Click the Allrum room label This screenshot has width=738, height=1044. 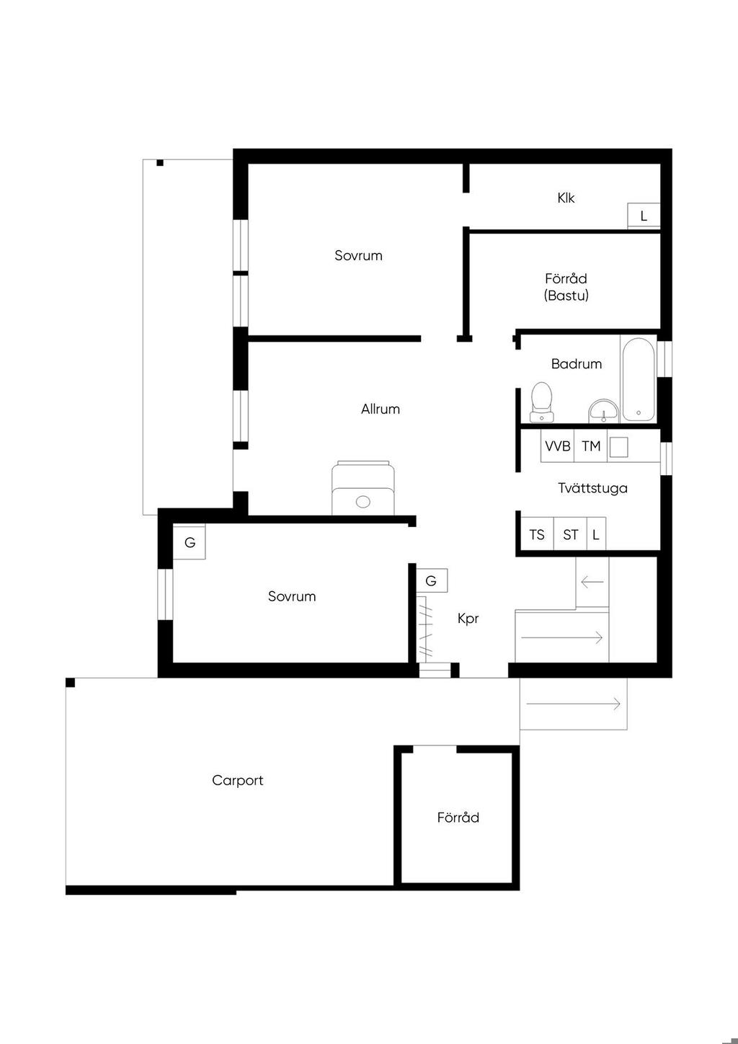pyautogui.click(x=381, y=410)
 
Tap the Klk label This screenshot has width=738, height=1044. pyautogui.click(x=566, y=198)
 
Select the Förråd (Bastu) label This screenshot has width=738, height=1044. pyautogui.click(x=566, y=287)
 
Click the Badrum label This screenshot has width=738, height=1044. pyautogui.click(x=577, y=363)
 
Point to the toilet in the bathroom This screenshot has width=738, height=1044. pyautogui.click(x=541, y=402)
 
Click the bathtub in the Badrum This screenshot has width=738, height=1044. pyautogui.click(x=639, y=379)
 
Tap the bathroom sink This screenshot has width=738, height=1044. pyautogui.click(x=604, y=411)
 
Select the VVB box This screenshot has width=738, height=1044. pyautogui.click(x=557, y=446)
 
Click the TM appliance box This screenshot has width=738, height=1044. pyautogui.click(x=591, y=446)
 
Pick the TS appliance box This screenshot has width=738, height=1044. pyautogui.click(x=537, y=534)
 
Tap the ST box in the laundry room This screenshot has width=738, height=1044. pyautogui.click(x=570, y=534)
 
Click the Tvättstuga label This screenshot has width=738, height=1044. pyautogui.click(x=592, y=488)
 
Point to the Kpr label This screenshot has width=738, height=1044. pyautogui.click(x=468, y=619)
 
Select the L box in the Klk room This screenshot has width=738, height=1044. pyautogui.click(x=644, y=216)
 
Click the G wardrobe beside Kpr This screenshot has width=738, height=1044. pyautogui.click(x=431, y=580)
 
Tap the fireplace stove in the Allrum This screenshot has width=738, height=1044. pyautogui.click(x=363, y=488)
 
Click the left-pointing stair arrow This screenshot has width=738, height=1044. pyautogui.click(x=592, y=582)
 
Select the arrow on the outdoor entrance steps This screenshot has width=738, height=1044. pyautogui.click(x=574, y=704)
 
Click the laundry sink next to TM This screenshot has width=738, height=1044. pyautogui.click(x=619, y=447)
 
